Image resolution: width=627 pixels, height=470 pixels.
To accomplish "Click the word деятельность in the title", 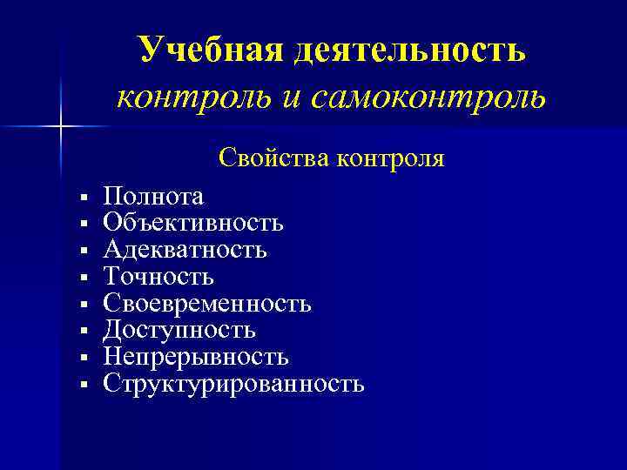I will pyautogui.click(x=409, y=50).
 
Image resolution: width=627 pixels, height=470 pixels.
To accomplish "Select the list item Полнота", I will pyautogui.click(x=153, y=198).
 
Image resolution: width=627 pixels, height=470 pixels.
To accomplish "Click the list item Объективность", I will pyautogui.click(x=192, y=224).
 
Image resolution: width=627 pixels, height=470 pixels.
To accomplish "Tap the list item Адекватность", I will pyautogui.click(x=185, y=251).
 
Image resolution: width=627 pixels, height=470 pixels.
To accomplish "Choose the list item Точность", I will pyautogui.click(x=158, y=278).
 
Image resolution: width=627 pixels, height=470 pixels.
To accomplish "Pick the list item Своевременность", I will pyautogui.click(x=206, y=304).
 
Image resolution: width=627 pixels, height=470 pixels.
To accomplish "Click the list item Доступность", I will pyautogui.click(x=179, y=331).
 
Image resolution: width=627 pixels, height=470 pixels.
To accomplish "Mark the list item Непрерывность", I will pyautogui.click(x=195, y=357).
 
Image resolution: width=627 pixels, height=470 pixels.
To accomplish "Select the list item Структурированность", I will pyautogui.click(x=233, y=384).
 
